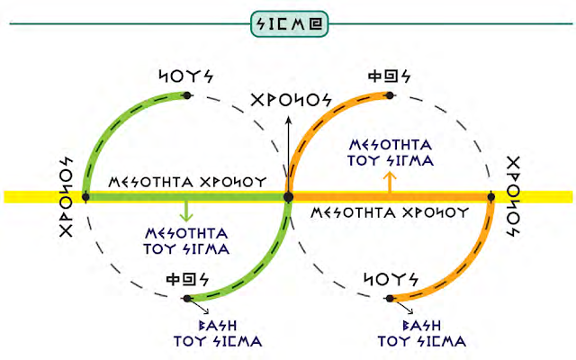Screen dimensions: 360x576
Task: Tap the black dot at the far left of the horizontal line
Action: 85,195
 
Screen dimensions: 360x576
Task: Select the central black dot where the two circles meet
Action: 288,195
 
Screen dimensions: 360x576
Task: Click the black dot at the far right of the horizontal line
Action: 490,195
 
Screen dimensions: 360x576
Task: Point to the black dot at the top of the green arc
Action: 186,94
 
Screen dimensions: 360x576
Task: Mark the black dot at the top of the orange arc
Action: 389,94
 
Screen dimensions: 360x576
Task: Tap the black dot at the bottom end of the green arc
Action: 187,298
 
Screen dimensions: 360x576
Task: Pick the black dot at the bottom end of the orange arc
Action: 390,298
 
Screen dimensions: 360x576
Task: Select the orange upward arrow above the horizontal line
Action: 389,179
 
